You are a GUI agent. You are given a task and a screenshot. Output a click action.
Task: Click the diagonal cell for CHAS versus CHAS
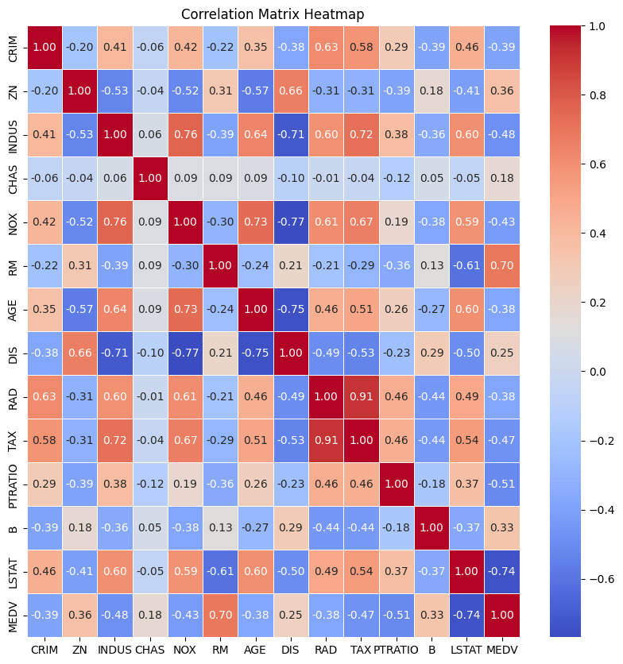151,178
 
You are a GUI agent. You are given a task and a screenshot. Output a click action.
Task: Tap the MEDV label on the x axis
502,650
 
